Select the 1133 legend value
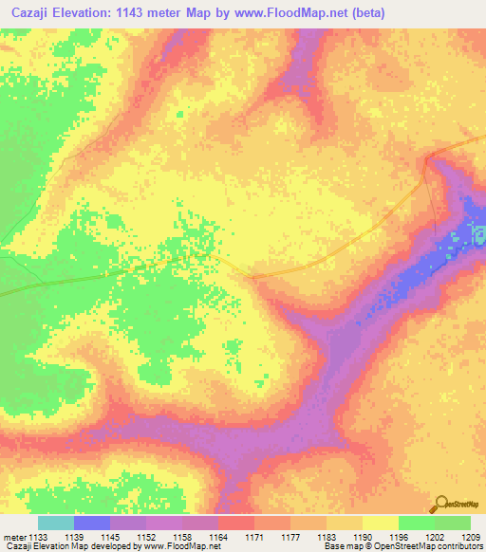(x=37, y=536)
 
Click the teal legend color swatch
(x=55, y=523)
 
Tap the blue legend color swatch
(x=91, y=523)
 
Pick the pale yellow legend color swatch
(x=380, y=523)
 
